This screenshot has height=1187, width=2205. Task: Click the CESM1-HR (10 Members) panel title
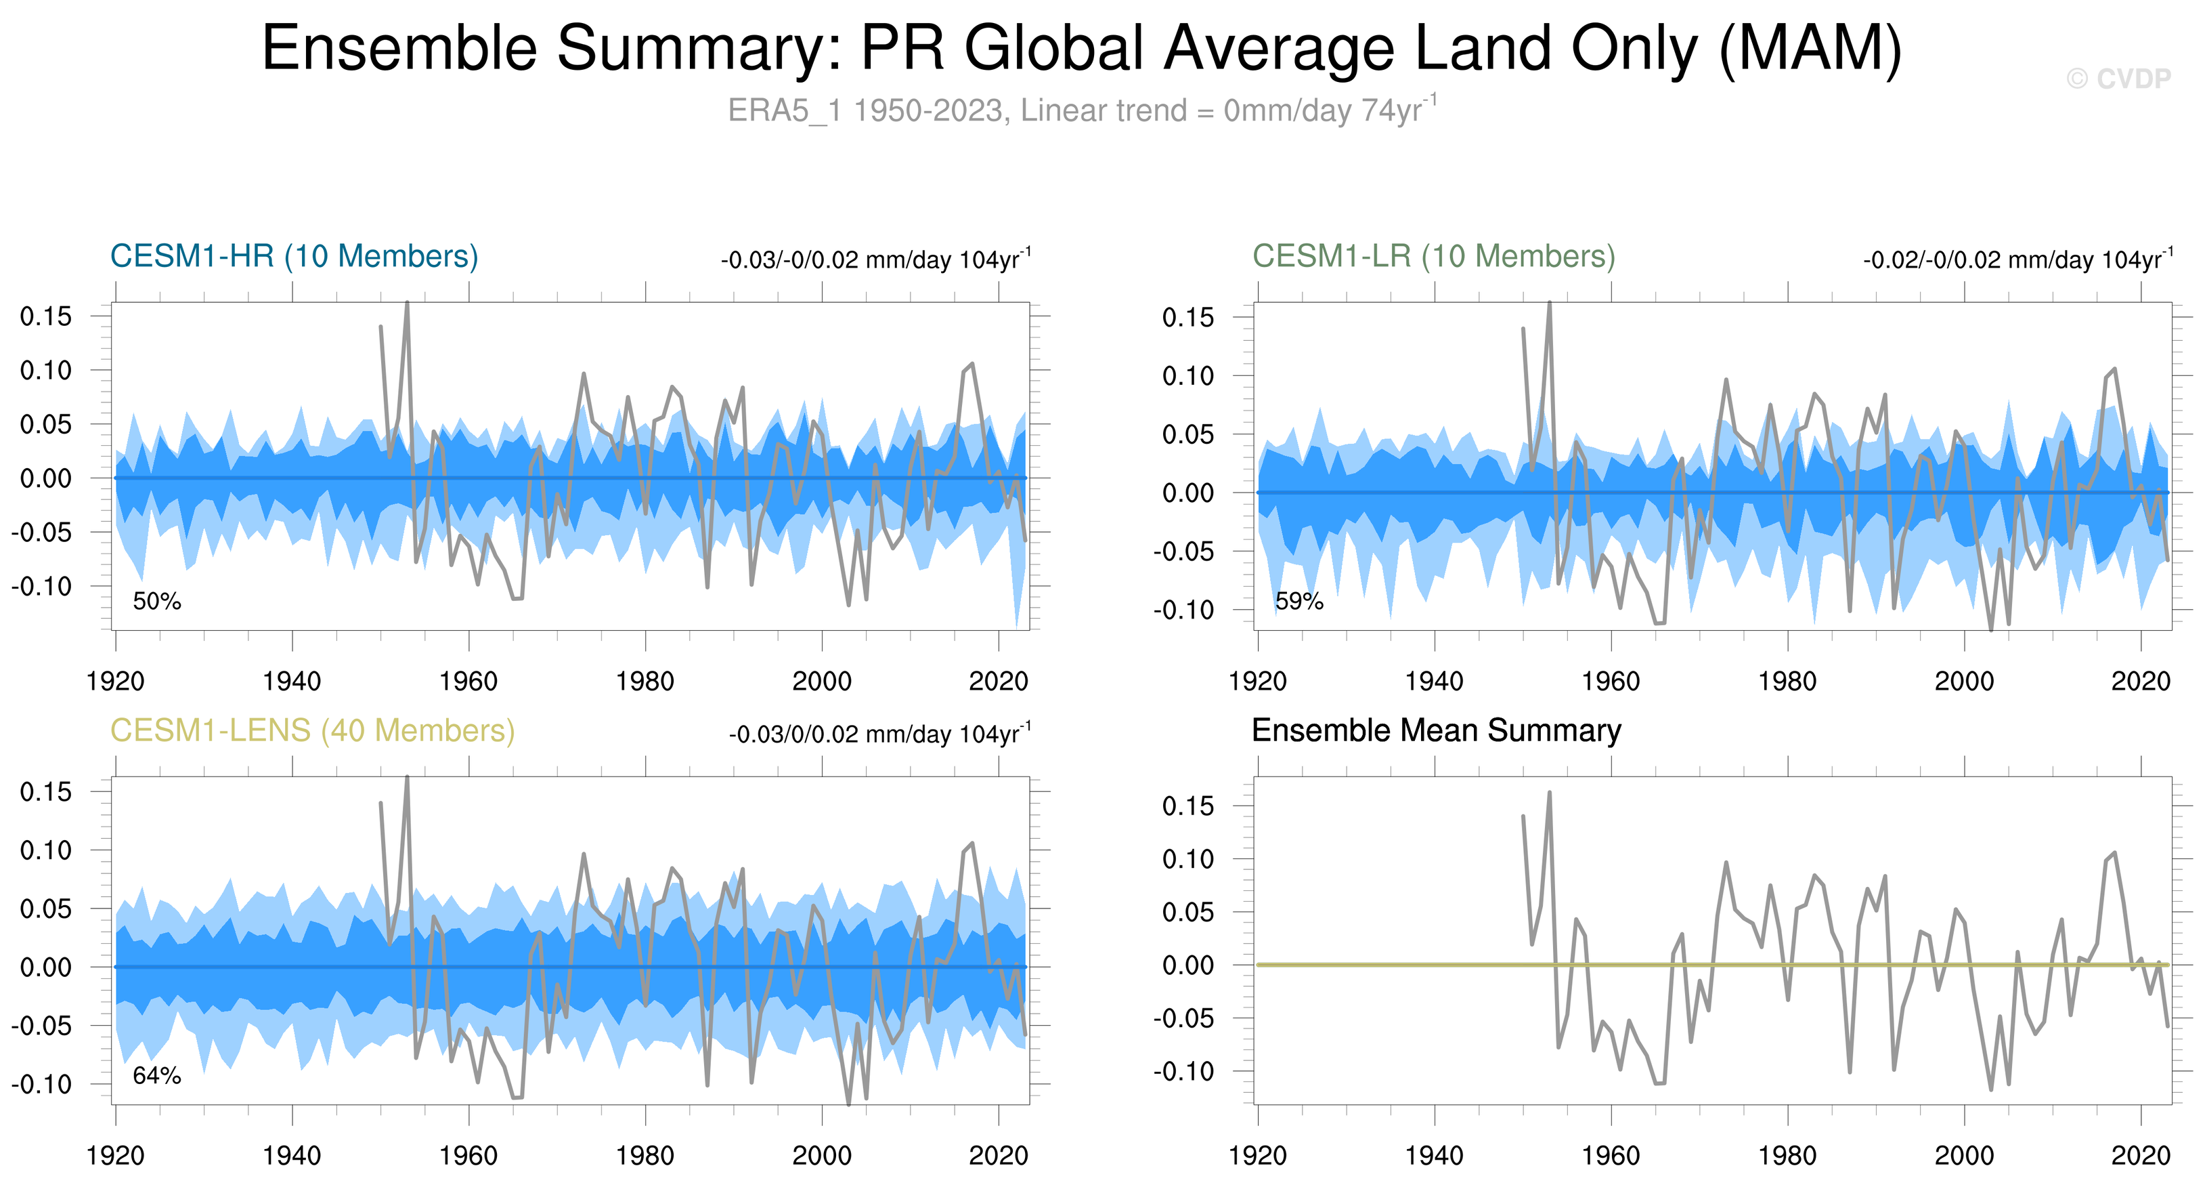(x=294, y=256)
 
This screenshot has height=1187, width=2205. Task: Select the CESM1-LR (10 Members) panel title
(x=1433, y=256)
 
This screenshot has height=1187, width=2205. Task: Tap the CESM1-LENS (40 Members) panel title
(x=312, y=730)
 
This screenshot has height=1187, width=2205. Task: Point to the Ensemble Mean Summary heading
(x=1435, y=730)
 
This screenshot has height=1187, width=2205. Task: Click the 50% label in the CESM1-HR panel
(x=156, y=601)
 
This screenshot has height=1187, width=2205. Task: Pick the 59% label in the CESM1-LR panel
(x=1298, y=601)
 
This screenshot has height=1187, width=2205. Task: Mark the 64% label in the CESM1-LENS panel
(x=156, y=1076)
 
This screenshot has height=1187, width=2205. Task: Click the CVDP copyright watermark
(x=2118, y=79)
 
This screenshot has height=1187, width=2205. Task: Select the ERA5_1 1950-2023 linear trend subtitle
(x=1082, y=110)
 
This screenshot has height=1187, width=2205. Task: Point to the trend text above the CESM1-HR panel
(x=875, y=259)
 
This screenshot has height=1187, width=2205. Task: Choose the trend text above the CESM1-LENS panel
(x=880, y=734)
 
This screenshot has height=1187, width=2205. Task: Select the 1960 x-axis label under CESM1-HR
(x=468, y=682)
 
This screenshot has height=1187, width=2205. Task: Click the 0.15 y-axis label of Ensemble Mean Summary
(x=1187, y=806)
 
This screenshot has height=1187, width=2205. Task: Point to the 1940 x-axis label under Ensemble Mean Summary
(x=1434, y=1156)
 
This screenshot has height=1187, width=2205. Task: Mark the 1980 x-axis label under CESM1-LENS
(x=645, y=1156)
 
